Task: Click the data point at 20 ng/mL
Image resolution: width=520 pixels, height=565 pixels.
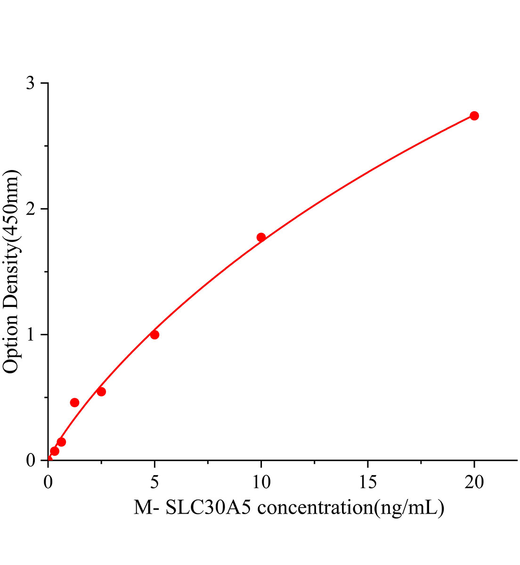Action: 474,116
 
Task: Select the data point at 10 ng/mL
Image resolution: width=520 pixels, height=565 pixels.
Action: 261,237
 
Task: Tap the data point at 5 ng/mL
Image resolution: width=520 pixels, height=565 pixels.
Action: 154,335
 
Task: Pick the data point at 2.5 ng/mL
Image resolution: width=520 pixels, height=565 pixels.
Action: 101,392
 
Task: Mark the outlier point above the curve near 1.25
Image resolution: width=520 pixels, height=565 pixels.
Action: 74,403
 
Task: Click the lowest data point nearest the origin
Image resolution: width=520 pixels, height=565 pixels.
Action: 55,451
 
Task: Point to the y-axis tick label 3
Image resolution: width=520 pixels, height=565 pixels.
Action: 31,83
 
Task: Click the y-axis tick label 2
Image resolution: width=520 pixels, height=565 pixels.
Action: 31,209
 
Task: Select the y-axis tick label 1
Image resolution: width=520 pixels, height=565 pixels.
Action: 31,335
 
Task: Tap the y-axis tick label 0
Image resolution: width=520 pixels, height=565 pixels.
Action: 31,460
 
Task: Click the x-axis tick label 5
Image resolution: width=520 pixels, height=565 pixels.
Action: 154,482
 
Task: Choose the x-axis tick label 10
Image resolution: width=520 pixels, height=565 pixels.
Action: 261,482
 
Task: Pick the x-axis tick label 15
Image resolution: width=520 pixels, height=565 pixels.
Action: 367,482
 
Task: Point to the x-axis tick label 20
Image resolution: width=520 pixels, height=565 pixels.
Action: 474,482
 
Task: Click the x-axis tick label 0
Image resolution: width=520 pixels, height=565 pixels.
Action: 48,482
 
